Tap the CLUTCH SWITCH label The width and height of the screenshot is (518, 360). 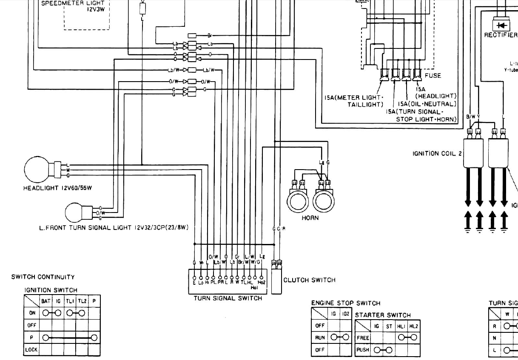click(309, 280)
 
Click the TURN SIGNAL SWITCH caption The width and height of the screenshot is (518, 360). click(228, 298)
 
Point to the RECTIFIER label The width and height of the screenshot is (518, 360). click(501, 35)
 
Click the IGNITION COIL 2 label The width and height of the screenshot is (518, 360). click(437, 153)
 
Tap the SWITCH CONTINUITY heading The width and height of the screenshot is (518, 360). click(43, 277)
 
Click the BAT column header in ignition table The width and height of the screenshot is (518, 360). click(46, 301)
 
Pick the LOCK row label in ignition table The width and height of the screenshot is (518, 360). click(31, 350)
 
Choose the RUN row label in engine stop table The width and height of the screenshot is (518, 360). click(320, 338)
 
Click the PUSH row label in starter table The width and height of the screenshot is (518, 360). click(363, 350)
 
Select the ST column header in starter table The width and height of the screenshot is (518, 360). click(389, 326)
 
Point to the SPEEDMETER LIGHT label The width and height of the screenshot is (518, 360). click(73, 3)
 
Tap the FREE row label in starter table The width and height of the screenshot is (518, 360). click(363, 338)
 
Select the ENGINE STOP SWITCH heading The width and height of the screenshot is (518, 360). click(346, 303)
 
